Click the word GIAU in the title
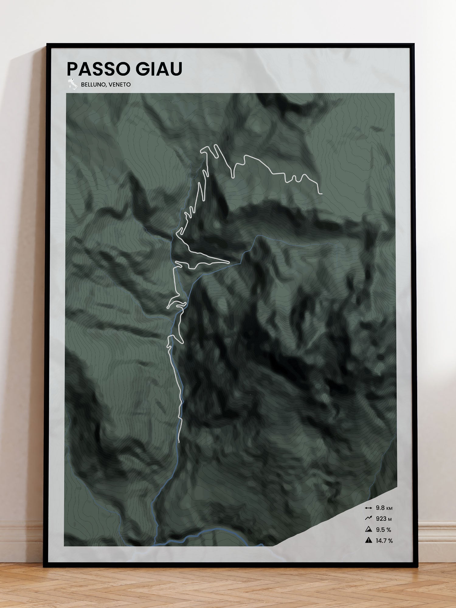coord(159,69)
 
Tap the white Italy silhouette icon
coord(73,84)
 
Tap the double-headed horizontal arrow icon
coord(368,508)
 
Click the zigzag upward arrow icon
coord(368,518)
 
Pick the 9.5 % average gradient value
coord(383,530)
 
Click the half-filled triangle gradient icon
coord(368,529)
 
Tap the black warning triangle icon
coord(368,540)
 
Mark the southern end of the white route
coord(179,441)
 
